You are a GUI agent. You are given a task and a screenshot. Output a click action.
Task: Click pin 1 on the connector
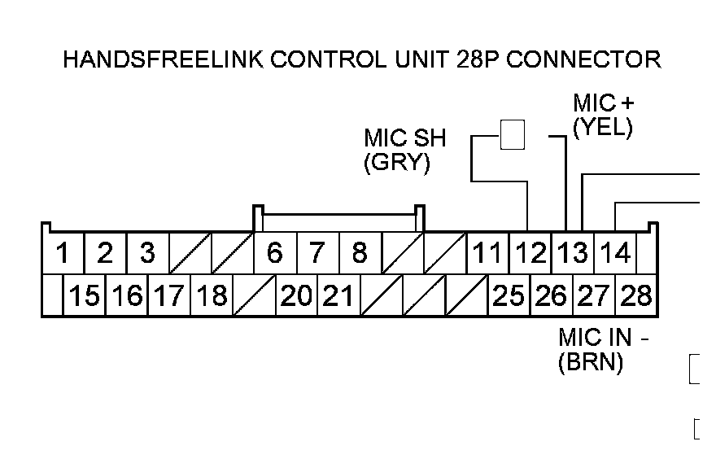62,253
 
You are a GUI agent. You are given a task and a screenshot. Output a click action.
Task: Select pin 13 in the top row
573,253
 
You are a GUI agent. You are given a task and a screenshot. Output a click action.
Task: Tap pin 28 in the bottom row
636,295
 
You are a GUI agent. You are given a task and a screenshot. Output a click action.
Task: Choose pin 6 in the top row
275,253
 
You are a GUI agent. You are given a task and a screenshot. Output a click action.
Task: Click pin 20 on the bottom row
296,295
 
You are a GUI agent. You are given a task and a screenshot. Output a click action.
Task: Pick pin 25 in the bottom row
509,295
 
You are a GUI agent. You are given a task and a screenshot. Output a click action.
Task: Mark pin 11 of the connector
487,253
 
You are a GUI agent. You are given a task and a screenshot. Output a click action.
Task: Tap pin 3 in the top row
147,253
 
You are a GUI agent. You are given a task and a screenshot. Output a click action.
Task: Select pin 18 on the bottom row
212,295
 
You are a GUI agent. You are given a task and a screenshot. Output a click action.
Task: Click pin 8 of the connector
360,253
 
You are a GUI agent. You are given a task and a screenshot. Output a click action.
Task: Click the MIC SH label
405,138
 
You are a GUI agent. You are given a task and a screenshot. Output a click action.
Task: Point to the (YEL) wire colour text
602,128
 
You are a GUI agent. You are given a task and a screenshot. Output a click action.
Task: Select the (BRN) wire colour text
591,363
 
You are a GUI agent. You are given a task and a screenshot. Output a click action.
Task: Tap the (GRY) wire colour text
396,162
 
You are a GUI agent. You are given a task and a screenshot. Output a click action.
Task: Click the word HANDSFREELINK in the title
164,59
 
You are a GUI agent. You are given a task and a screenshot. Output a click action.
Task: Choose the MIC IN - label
608,338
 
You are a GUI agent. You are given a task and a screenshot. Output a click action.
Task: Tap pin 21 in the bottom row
338,295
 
